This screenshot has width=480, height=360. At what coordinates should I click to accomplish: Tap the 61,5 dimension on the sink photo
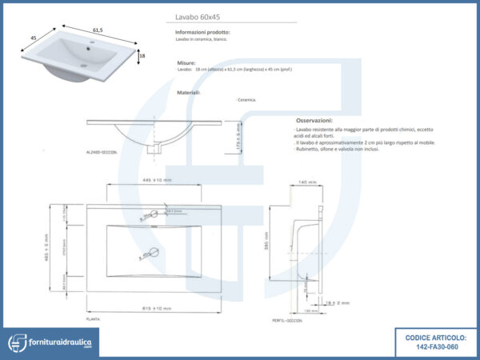pos(98,30)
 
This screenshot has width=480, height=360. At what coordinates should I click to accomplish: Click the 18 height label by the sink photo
pos(141,56)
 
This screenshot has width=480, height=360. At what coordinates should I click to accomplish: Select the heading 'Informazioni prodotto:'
pos(202,31)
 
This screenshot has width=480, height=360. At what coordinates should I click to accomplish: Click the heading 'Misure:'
pos(186,62)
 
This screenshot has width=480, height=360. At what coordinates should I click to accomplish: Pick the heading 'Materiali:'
pos(189,92)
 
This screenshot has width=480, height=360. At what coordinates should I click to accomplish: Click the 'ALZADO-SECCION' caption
pos(102,151)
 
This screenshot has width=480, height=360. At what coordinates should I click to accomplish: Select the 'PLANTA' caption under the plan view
pos(93,318)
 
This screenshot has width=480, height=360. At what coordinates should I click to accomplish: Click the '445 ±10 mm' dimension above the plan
pos(151,181)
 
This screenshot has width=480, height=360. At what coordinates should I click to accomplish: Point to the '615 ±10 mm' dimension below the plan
pos(151,308)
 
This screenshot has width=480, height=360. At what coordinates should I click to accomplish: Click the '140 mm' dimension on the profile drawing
pos(307,182)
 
